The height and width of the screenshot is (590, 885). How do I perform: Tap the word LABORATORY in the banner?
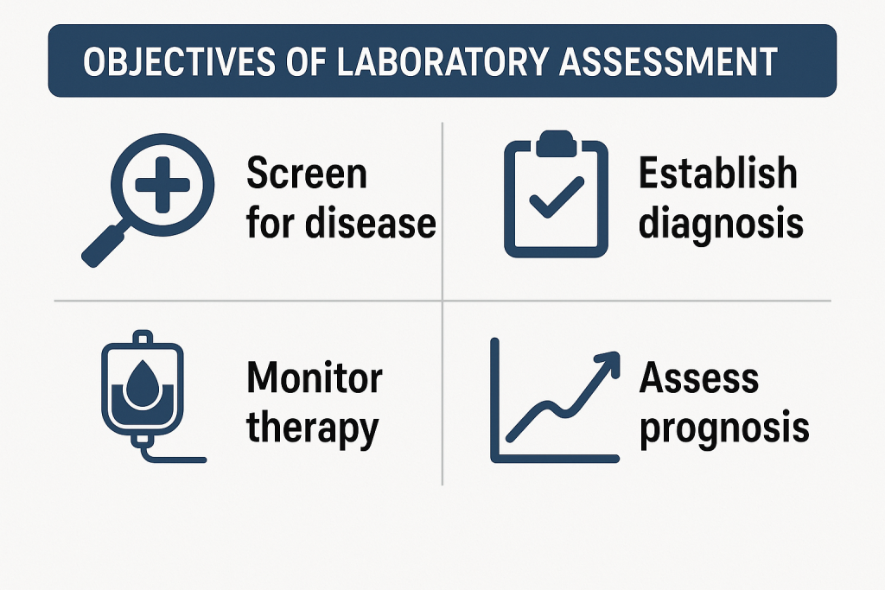point(442,61)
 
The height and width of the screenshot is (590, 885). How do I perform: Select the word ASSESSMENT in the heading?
point(669,61)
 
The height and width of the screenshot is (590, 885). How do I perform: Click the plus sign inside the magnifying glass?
point(162,185)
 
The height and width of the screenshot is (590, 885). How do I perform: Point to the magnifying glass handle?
point(105,244)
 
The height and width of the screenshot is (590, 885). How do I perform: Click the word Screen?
point(307,173)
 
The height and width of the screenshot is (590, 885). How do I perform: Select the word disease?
point(371,222)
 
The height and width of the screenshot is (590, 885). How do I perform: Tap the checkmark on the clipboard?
point(556,197)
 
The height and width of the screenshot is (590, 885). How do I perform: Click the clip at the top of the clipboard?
point(556,143)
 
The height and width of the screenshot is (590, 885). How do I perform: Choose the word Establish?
point(718,173)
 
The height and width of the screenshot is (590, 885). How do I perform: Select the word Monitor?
point(315,377)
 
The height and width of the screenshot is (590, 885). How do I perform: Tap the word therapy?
point(313,428)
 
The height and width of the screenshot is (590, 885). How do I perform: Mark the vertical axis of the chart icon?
point(495,400)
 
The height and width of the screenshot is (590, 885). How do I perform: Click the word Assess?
point(698,377)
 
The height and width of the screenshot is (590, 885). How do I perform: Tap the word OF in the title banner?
point(307,61)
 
